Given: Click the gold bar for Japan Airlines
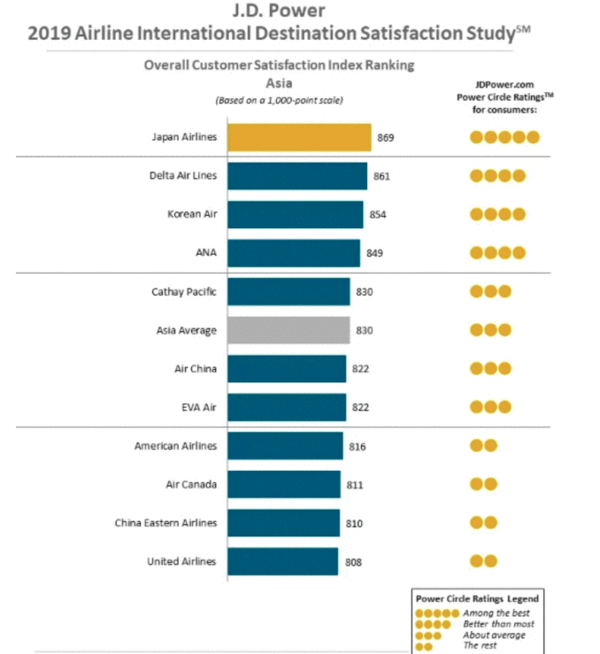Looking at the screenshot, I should (298, 137).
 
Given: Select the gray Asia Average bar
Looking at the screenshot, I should (288, 329).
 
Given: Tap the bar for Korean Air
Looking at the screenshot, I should (295, 214).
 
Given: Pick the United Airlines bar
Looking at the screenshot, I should (282, 561).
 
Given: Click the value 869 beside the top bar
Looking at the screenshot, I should (387, 137).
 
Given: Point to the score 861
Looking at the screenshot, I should (381, 176).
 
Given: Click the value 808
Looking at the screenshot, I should (353, 561).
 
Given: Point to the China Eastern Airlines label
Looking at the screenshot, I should (165, 523).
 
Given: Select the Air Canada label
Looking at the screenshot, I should (190, 484).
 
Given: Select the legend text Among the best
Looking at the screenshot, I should (498, 612).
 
